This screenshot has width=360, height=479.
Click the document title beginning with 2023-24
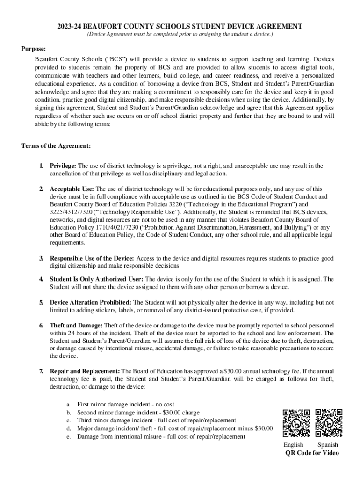click(x=180, y=27)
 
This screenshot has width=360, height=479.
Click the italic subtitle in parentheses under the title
click(x=180, y=35)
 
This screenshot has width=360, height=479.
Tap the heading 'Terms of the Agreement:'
click(x=56, y=146)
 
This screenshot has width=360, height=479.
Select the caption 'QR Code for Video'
click(x=312, y=453)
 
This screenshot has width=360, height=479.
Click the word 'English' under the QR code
click(x=293, y=444)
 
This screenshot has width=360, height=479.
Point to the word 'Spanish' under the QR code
click(x=328, y=444)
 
